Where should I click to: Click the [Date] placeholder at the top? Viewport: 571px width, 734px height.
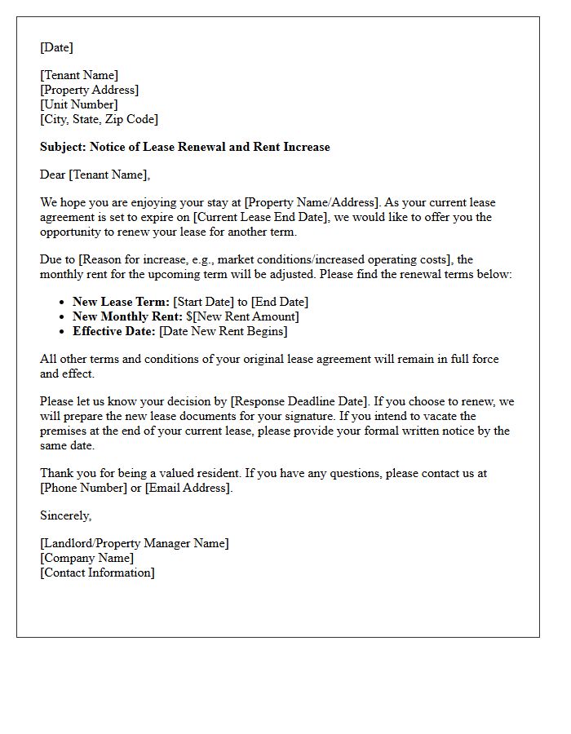tap(56, 47)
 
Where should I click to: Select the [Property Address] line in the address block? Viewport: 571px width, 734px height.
tap(90, 90)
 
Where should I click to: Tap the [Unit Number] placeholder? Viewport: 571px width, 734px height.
tap(79, 104)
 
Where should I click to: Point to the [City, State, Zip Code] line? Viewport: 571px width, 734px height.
tap(100, 119)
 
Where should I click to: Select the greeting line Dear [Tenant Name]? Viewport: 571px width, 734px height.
tap(95, 175)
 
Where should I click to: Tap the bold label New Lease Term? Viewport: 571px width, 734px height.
tap(121, 302)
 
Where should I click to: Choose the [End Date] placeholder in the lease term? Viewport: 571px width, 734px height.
tap(280, 302)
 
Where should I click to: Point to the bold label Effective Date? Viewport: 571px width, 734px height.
tap(114, 331)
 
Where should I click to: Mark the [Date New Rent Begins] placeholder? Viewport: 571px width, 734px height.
tap(224, 331)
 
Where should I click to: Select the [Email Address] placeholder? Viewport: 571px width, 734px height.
tap(188, 488)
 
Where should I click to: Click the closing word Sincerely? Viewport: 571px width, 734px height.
tap(66, 515)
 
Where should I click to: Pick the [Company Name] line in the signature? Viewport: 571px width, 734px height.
tap(87, 558)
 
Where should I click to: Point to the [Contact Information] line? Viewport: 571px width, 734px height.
tap(97, 573)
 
